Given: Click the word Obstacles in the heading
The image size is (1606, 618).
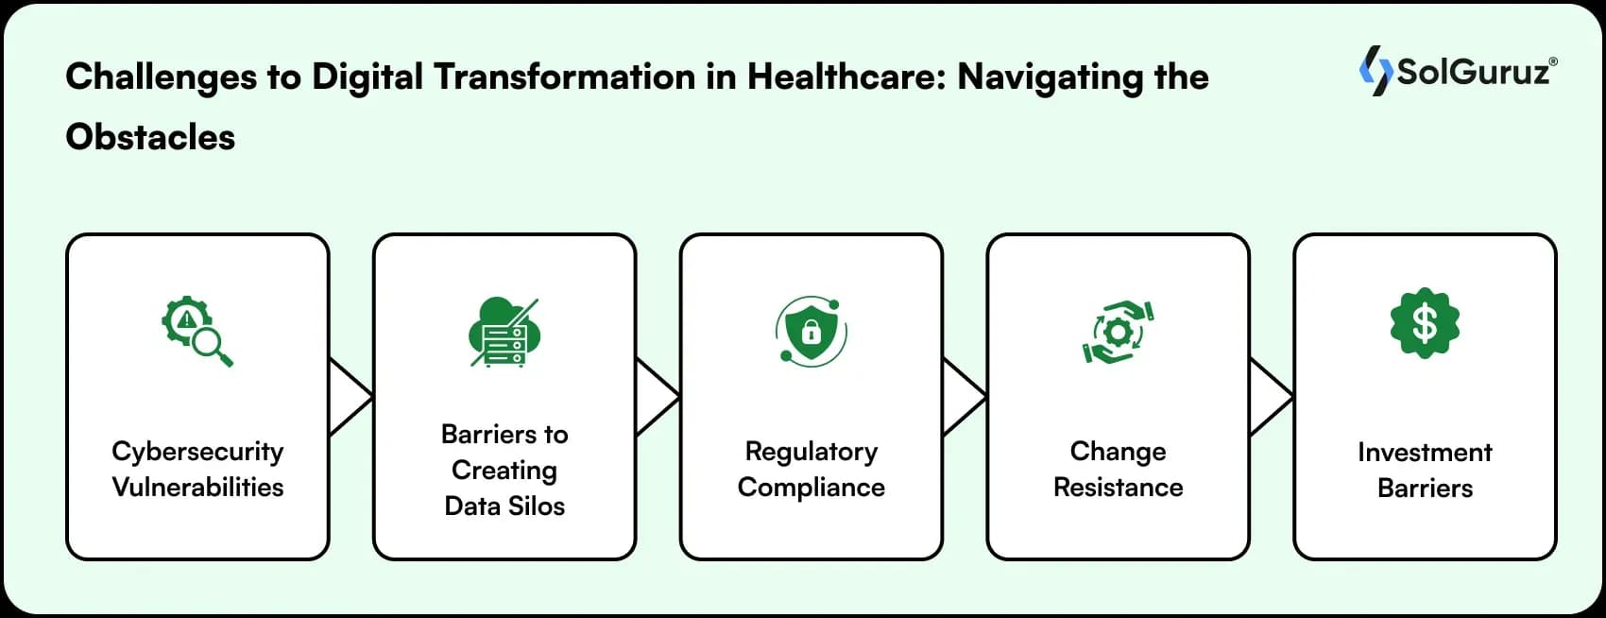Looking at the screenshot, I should pyautogui.click(x=150, y=138).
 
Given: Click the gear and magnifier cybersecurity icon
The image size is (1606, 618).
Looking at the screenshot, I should pyautogui.click(x=196, y=332).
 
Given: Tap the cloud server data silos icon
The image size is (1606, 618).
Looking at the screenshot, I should pyautogui.click(x=504, y=333).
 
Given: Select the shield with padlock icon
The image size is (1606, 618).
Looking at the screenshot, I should pyautogui.click(x=811, y=331).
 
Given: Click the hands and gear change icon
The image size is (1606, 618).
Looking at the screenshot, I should pyautogui.click(x=1118, y=332).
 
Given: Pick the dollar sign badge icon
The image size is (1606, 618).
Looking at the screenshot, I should pyautogui.click(x=1425, y=324).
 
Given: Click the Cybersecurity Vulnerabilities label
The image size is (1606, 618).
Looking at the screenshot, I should pyautogui.click(x=197, y=469).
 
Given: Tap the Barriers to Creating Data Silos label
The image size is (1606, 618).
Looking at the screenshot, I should pyautogui.click(x=504, y=470).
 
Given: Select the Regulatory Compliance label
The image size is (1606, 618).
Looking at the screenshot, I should pyautogui.click(x=812, y=469).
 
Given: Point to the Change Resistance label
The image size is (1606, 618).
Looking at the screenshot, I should pyautogui.click(x=1118, y=469).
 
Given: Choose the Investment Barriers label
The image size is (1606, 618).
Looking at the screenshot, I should pyautogui.click(x=1425, y=470).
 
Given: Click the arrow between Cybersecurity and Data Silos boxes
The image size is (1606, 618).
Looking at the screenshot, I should pyautogui.click(x=348, y=397).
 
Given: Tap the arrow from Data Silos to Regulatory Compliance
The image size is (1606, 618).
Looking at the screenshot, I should pyautogui.click(x=655, y=397).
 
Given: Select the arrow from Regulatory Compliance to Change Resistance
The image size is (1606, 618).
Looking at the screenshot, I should pyautogui.click(x=962, y=397).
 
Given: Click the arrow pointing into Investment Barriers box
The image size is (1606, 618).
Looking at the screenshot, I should pyautogui.click(x=1269, y=397).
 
